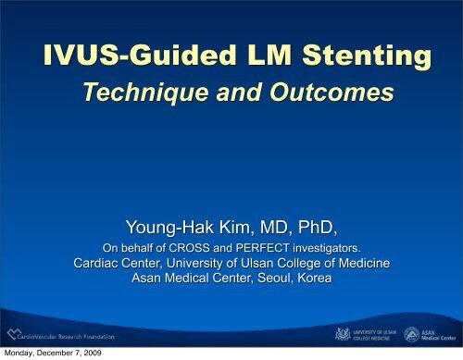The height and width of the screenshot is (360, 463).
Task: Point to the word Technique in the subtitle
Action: coord(143,93)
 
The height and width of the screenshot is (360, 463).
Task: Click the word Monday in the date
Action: coord(23,354)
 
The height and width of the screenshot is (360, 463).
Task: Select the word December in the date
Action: coord(67,354)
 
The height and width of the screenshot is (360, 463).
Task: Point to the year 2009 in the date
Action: coord(110,354)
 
